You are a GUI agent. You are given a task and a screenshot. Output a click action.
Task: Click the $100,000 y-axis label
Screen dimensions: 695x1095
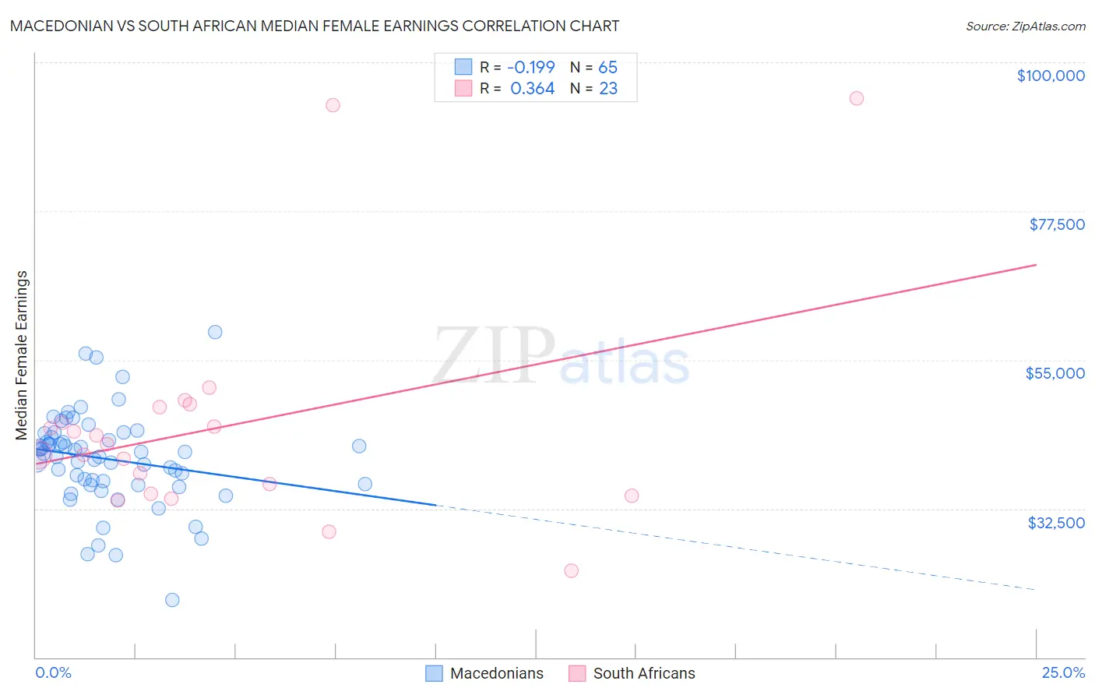coord(1051,76)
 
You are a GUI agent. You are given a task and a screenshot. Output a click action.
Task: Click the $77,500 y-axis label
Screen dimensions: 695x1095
coord(1056,224)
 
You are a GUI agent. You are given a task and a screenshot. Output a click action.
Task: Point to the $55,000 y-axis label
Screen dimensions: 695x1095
coord(1055,373)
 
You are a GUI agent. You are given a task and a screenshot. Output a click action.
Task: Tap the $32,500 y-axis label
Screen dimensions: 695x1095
coord(1055,523)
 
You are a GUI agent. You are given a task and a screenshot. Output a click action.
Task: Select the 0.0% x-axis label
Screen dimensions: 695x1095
coord(53,672)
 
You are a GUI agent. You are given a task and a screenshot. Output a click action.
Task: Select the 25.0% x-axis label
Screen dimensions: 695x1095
coord(1063,672)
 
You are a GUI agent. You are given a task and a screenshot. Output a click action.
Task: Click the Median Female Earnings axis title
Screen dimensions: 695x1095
coord(22,355)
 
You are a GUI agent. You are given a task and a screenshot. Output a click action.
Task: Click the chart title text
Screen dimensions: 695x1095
coord(315,26)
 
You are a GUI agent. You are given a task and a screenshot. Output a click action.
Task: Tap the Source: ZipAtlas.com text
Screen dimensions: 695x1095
coord(1025,26)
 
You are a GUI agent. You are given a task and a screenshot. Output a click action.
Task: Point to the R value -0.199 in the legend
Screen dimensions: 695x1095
coord(531,67)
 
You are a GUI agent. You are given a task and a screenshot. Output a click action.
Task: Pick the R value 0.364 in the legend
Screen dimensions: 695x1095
coord(532,89)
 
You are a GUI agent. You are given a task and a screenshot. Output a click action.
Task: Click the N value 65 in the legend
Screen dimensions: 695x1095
coord(607,67)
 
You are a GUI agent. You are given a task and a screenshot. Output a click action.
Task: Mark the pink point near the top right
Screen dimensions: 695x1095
coord(856,98)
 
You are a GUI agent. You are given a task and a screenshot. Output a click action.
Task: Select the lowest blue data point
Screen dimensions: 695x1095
coord(172,600)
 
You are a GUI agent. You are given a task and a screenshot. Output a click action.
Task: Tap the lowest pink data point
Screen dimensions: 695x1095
coord(571,570)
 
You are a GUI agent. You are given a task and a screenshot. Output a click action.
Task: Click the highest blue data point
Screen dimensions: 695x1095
coord(215,332)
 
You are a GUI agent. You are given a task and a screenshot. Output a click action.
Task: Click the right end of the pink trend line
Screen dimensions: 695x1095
coord(1035,265)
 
